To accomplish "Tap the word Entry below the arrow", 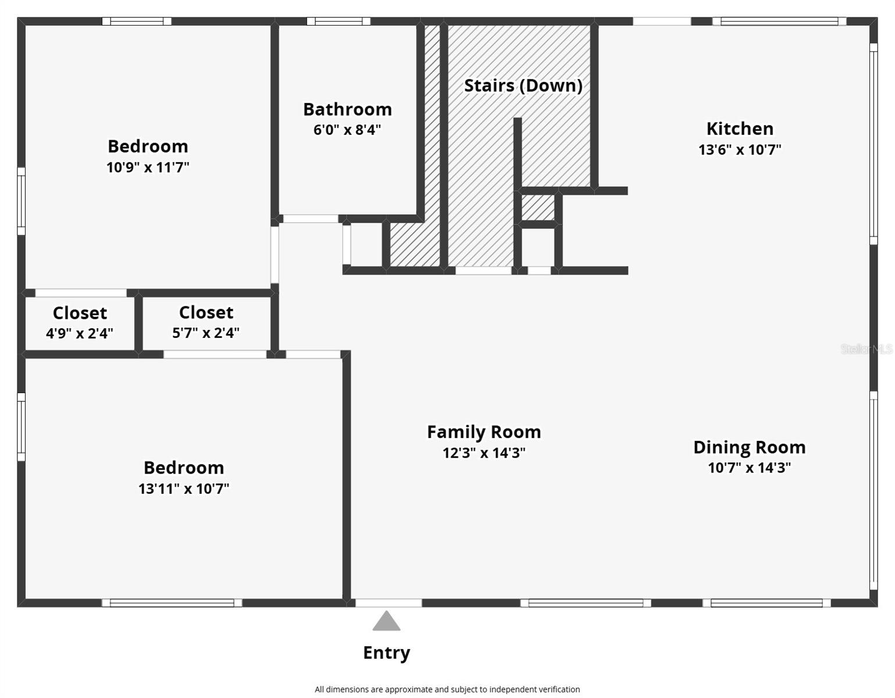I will [x=386, y=653].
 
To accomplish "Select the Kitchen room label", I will [x=739, y=129].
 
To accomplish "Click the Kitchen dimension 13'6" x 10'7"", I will [x=739, y=149].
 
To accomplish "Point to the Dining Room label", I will [x=749, y=447].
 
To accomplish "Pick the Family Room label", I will [x=484, y=432].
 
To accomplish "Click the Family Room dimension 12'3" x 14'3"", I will [x=484, y=453].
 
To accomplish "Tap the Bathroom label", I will [x=347, y=109].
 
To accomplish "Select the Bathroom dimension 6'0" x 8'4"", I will [x=347, y=130].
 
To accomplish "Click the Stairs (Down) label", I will [x=523, y=86].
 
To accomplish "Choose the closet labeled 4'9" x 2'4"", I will [x=80, y=323].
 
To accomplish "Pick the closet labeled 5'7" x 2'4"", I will [x=206, y=323].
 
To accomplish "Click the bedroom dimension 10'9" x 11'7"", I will [x=148, y=168].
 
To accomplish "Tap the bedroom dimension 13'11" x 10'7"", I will [x=184, y=489].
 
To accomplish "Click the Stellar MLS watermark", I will [x=866, y=349].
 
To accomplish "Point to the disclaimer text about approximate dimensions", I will [x=447, y=689].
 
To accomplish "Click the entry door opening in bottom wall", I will [x=388, y=603].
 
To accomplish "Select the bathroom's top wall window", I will [x=338, y=22].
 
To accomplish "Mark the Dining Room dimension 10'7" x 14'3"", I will [x=749, y=468].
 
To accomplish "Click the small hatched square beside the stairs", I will [x=538, y=208].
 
